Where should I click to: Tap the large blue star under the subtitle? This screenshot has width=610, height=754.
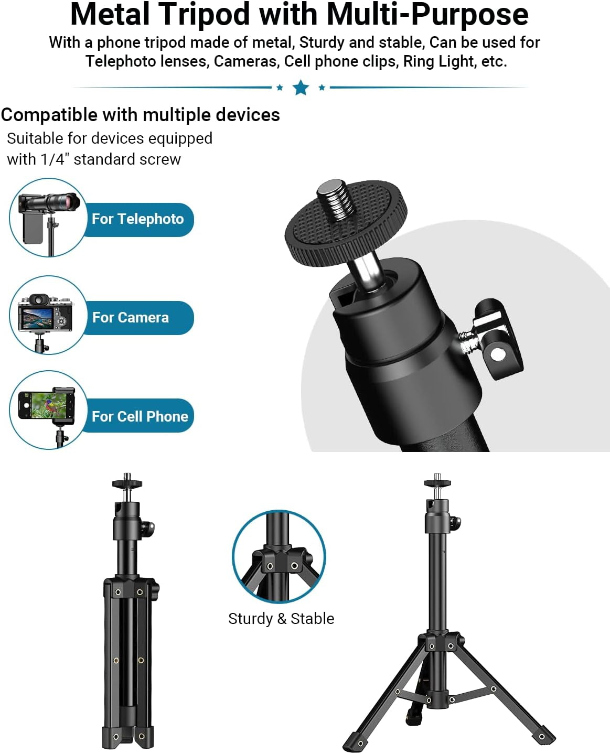(301, 87)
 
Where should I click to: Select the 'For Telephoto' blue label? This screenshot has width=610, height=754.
(137, 219)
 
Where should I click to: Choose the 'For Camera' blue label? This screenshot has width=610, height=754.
(131, 318)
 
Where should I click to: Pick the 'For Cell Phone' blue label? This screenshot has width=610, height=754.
(140, 416)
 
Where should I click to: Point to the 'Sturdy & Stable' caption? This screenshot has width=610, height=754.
(281, 619)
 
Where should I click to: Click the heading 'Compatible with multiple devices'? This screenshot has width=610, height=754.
(141, 115)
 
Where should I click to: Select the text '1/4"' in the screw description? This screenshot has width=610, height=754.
(55, 159)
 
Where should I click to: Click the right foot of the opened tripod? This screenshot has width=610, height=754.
(543, 735)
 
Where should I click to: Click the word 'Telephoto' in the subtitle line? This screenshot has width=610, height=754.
(122, 61)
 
